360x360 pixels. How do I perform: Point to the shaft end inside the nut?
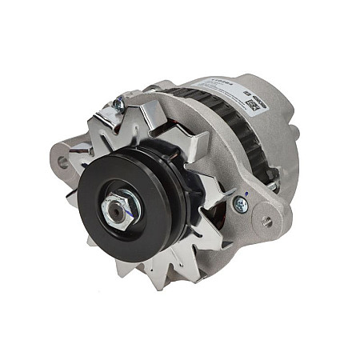coord(118,210)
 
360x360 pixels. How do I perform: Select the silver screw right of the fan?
coord(240,205)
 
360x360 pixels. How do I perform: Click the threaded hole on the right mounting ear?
coord(266,222)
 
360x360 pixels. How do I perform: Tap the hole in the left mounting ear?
coord(62,161)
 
